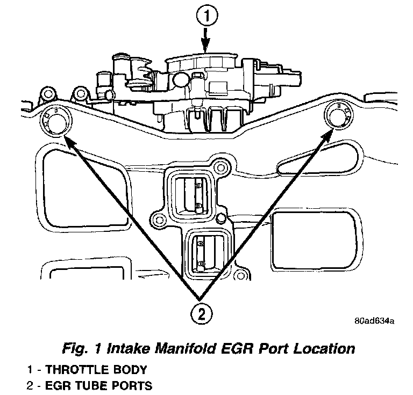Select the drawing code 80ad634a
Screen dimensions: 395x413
click(x=374, y=321)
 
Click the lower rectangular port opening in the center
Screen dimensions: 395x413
click(x=205, y=251)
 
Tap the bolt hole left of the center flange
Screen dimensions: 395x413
click(x=158, y=220)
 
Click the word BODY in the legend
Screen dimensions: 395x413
click(x=128, y=370)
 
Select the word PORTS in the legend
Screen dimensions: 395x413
click(x=131, y=385)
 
